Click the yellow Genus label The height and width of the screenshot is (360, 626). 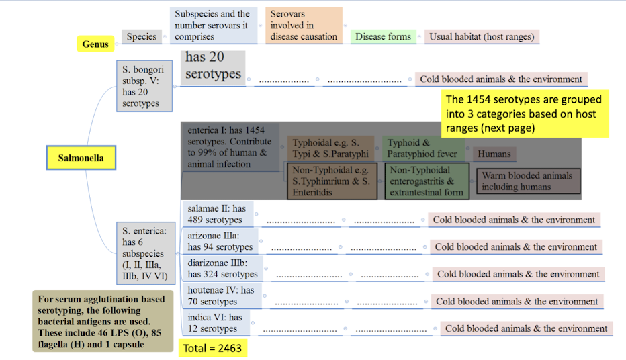(95, 44)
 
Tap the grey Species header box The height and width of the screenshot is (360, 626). (141, 37)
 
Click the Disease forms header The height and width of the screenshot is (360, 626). (384, 37)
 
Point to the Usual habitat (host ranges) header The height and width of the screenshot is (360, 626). (482, 37)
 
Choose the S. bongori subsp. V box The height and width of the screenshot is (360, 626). (144, 87)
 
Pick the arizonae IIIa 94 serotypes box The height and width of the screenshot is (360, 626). (221, 241)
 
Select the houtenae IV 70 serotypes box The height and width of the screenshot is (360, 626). (221, 296)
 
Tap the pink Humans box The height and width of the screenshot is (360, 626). (494, 154)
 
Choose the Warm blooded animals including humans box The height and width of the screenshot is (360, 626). (528, 181)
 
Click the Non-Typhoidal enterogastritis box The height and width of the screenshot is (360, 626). (427, 181)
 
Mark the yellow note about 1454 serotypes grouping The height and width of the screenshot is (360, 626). (525, 114)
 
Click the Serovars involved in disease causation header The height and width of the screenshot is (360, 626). (304, 26)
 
